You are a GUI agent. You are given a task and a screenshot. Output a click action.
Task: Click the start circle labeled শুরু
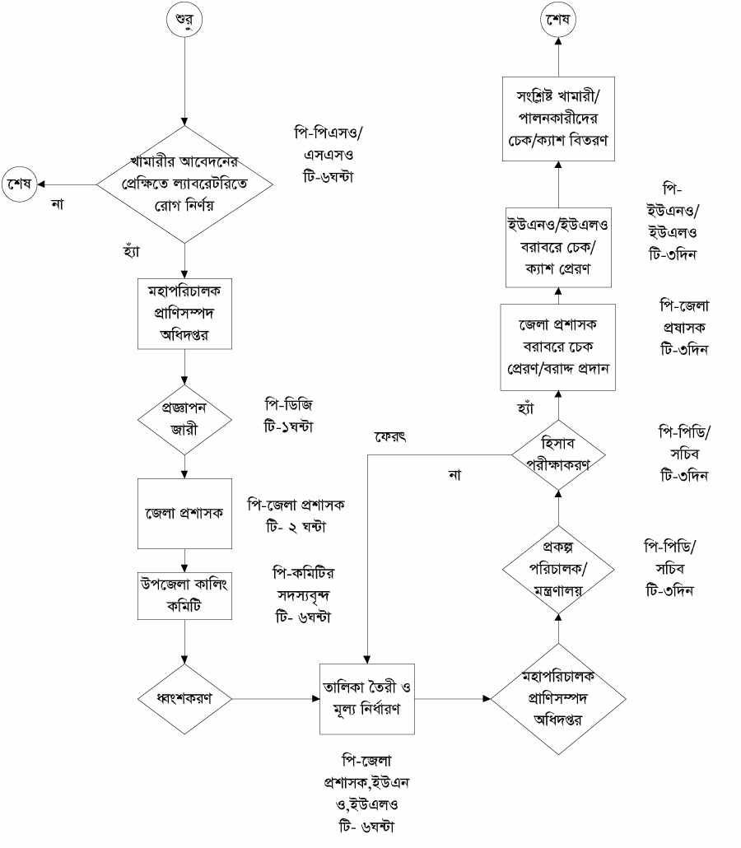point(184,20)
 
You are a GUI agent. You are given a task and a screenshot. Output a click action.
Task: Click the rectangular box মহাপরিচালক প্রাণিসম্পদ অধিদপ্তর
point(184,313)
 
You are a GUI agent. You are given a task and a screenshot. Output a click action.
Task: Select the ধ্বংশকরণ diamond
point(184,698)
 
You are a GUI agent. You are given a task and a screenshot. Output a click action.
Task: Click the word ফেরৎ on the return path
point(390,436)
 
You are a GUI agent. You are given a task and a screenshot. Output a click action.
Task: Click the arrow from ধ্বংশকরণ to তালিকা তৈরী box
point(276,698)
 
